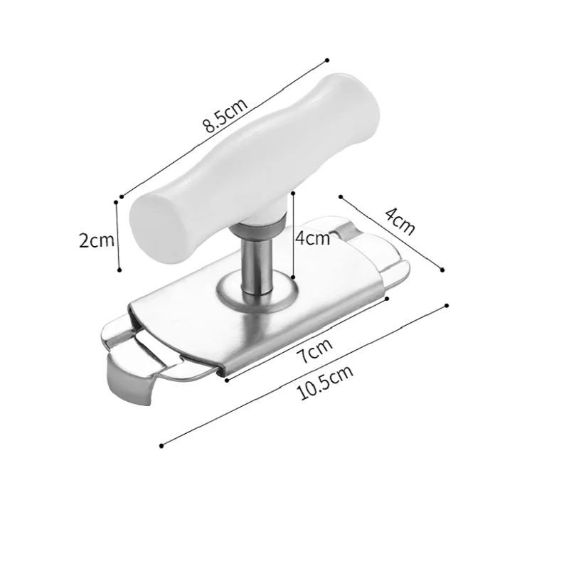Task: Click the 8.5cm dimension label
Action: (x=225, y=116)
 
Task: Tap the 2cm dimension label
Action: (x=97, y=240)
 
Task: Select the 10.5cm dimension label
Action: (x=325, y=383)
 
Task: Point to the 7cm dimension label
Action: (x=316, y=351)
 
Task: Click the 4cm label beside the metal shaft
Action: (x=312, y=238)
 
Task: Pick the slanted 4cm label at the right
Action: (x=399, y=221)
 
